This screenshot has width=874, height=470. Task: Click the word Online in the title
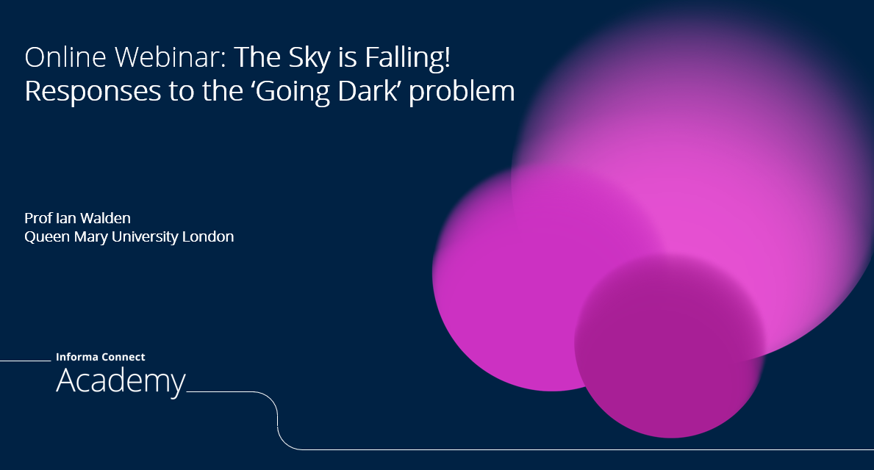[x=65, y=57]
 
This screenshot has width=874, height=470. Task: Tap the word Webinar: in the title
[x=171, y=57]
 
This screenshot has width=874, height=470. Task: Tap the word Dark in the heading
[x=367, y=91]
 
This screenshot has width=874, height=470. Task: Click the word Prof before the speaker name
[x=38, y=217]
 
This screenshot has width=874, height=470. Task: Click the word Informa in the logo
[x=76, y=357]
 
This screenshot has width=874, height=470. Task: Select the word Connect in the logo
[x=123, y=357]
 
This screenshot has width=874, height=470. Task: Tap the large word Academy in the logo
[x=121, y=382]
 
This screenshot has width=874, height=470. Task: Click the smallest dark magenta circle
[x=670, y=345]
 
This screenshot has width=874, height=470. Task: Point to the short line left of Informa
[x=25, y=361]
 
